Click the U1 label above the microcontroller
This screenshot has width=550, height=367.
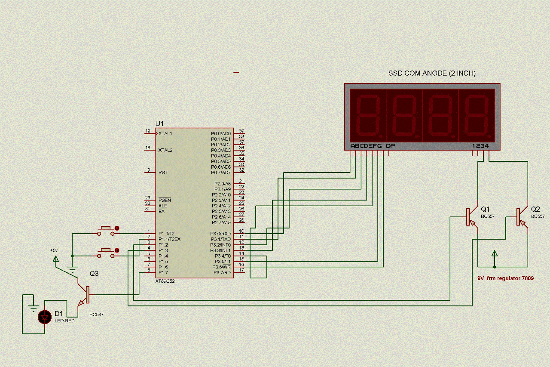159,123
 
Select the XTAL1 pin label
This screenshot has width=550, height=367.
165,134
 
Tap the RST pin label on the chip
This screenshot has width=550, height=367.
163,173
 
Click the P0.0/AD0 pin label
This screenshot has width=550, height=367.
221,134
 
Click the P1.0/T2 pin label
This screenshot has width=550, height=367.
166,234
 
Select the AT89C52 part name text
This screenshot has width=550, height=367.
165,281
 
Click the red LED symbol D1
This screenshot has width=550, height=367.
44,317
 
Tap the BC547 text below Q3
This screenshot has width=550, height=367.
96,315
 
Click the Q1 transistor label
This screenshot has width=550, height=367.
486,209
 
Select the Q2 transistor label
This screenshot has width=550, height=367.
535,209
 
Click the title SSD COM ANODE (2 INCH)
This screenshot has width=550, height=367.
432,74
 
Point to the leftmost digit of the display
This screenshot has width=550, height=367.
368,115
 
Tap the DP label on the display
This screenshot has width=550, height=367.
390,146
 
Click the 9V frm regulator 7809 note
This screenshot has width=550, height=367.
505,278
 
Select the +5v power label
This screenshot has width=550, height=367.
54,250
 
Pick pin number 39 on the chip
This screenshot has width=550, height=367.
241,131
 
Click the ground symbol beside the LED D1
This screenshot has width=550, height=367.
33,308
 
